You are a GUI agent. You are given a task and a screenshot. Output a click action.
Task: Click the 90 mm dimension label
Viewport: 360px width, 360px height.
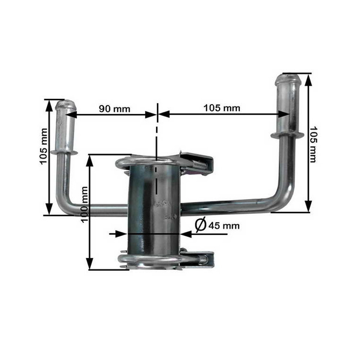[114, 109]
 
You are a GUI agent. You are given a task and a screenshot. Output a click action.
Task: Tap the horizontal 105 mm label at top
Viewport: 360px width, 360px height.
[222, 108]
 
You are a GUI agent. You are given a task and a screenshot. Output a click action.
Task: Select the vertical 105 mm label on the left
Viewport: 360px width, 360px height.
[44, 146]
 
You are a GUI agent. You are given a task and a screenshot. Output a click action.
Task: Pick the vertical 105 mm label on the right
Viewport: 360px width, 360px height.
[312, 144]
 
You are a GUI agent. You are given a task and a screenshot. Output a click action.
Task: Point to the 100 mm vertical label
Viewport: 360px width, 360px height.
[84, 204]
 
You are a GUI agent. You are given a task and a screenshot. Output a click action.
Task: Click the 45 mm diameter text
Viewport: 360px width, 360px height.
[224, 226]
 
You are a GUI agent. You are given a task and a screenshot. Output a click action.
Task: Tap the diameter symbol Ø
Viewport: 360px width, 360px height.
[200, 225]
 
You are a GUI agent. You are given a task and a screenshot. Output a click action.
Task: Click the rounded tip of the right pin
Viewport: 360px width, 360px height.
[288, 79]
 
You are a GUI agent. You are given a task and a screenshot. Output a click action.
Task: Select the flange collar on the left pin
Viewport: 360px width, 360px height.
[64, 152]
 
